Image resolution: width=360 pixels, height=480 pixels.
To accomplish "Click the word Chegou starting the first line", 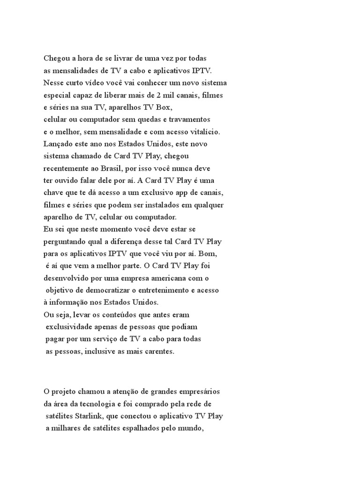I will coord(56,59).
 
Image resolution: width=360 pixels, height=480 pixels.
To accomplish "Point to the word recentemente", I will coord(67,168).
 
